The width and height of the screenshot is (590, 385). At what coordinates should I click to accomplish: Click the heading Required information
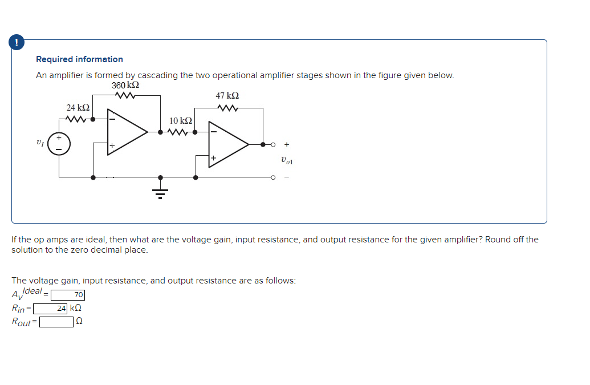coord(79,59)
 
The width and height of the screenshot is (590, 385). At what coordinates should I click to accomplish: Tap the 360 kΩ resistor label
coord(126,85)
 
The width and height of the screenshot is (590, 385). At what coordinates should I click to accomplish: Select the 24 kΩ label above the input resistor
coord(78,107)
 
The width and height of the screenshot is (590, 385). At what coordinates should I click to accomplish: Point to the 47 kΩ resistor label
coord(227,96)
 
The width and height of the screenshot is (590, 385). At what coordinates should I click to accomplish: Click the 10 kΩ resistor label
coord(181,120)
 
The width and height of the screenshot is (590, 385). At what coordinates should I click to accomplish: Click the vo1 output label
coord(287,161)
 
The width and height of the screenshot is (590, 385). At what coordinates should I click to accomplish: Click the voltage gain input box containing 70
coord(68,295)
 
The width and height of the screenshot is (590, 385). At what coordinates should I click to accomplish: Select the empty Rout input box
coord(56,322)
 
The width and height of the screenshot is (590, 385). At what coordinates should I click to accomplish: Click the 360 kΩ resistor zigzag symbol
coord(126,95)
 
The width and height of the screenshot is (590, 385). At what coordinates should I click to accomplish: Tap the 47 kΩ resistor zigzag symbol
coord(227,107)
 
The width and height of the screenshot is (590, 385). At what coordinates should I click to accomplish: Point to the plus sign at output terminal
coord(287,144)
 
